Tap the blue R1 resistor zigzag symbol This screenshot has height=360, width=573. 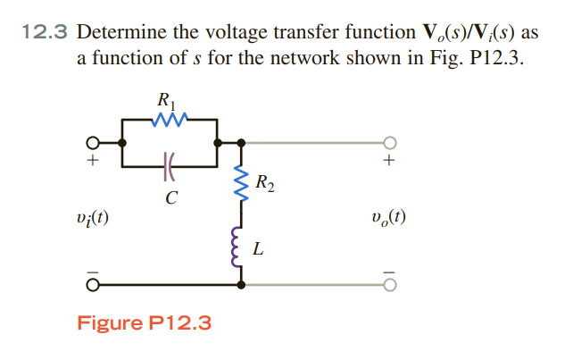click(169, 118)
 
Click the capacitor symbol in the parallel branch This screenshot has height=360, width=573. click(169, 165)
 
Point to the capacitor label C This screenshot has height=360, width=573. click(170, 198)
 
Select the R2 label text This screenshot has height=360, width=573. click(264, 185)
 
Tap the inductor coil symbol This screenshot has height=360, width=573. click(239, 247)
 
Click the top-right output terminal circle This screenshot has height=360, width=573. click(388, 142)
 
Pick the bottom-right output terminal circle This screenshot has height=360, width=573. click(388, 285)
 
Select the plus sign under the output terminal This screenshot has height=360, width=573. click(388, 163)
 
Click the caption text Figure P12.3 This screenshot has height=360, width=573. click(144, 322)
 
